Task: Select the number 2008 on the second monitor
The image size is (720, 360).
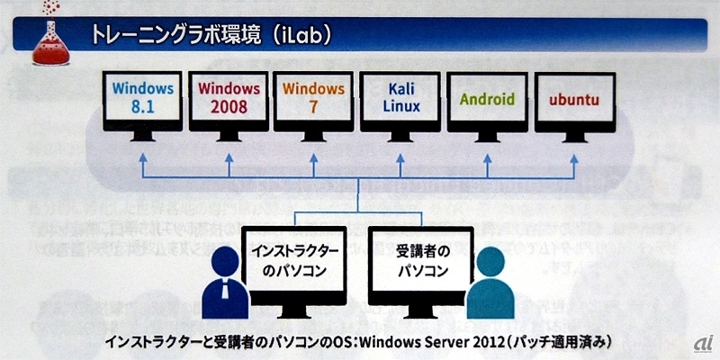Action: (229, 106)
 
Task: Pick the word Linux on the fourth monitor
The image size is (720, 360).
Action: (400, 106)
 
